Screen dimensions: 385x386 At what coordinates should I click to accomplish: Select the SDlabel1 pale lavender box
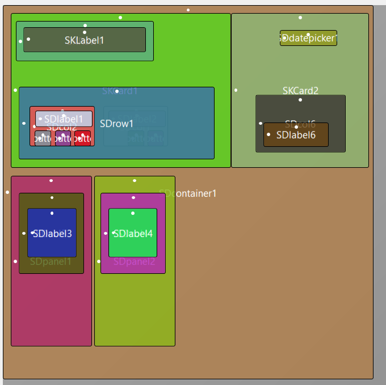tap(64, 119)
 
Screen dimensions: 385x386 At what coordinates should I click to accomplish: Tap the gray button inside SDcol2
tap(43, 138)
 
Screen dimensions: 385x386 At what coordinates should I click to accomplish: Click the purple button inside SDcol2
tap(62, 138)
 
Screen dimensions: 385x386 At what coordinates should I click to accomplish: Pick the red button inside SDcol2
tap(82, 138)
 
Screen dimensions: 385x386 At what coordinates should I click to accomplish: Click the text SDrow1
tap(116, 124)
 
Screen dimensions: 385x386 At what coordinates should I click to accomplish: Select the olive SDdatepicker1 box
tap(308, 38)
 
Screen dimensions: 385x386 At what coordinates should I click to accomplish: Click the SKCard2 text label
tap(300, 91)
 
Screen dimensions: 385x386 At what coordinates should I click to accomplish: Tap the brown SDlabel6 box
tap(296, 135)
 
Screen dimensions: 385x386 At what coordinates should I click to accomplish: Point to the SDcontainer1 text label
tap(188, 194)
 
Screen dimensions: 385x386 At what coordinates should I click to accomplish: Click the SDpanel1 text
tap(51, 262)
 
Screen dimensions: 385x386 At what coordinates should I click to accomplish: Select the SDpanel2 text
tap(134, 262)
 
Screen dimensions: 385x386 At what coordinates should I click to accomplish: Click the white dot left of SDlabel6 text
tap(268, 134)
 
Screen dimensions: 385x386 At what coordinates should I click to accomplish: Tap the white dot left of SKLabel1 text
tap(28, 39)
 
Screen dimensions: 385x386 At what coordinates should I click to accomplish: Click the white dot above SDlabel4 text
tap(133, 213)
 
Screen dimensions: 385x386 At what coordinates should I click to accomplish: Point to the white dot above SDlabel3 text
tap(52, 213)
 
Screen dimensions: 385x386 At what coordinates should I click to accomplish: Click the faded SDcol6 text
tap(300, 124)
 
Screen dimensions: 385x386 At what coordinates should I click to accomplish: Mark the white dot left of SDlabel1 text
tap(40, 119)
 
